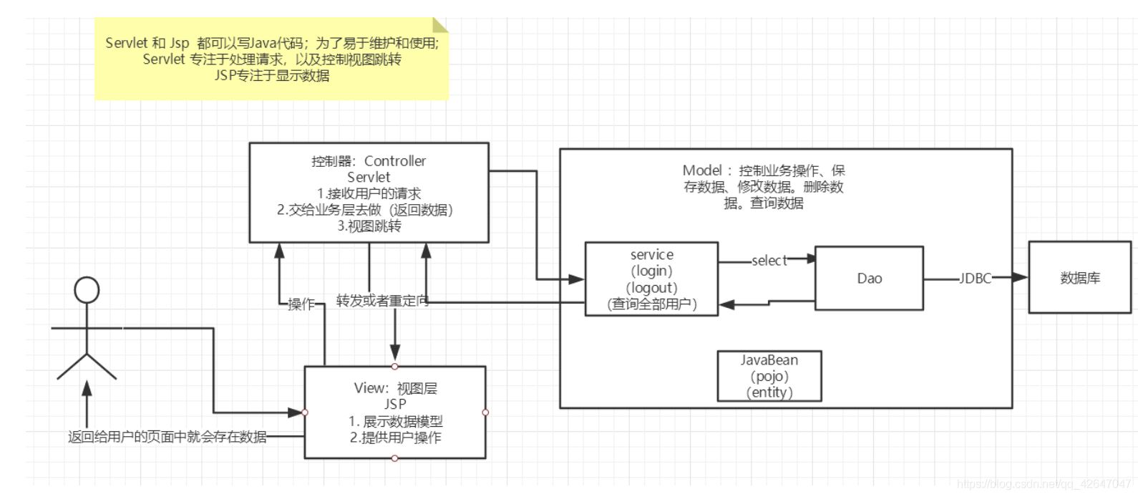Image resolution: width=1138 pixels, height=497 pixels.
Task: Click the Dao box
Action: pos(869,279)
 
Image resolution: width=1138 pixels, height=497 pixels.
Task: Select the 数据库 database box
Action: pos(1079,278)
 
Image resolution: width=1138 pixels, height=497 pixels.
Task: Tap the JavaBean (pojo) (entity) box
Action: pos(769,376)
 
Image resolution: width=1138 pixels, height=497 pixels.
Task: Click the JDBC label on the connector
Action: pos(975,279)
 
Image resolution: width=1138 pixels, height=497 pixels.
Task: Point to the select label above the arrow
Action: pos(769,261)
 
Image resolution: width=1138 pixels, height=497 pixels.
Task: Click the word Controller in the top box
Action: pos(395,161)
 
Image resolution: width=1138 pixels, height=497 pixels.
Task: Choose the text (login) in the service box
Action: pos(651,271)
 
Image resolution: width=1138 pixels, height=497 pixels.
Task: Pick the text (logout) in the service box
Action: pos(651,287)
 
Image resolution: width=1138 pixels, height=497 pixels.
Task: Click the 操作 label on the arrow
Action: pos(301,304)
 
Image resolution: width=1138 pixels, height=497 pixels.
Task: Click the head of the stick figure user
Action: pos(87,291)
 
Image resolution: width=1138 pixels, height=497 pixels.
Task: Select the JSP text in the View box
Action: pos(395,405)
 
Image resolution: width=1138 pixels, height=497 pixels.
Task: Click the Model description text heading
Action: pos(764,170)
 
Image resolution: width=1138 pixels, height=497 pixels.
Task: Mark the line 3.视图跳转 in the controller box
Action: pos(369,226)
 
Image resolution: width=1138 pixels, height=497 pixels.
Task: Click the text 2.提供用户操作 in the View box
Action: pos(395,438)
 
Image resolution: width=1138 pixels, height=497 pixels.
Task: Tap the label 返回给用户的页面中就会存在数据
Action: pos(167,437)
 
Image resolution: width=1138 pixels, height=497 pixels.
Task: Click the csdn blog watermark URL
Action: pos(1045,485)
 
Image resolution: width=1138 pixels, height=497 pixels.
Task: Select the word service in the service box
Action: pos(651,254)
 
